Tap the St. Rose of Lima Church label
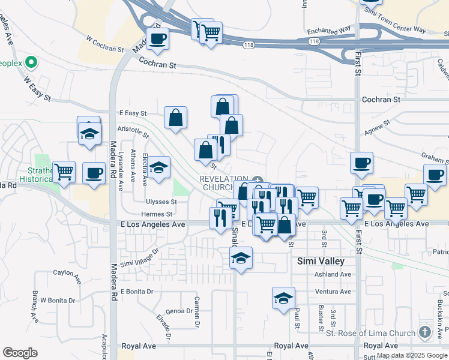click(370, 333)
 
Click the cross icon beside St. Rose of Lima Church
click(425, 332)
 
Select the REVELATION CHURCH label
click(224, 183)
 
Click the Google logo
click(20, 353)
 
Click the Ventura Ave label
click(333, 292)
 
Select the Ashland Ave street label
click(333, 274)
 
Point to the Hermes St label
click(157, 214)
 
